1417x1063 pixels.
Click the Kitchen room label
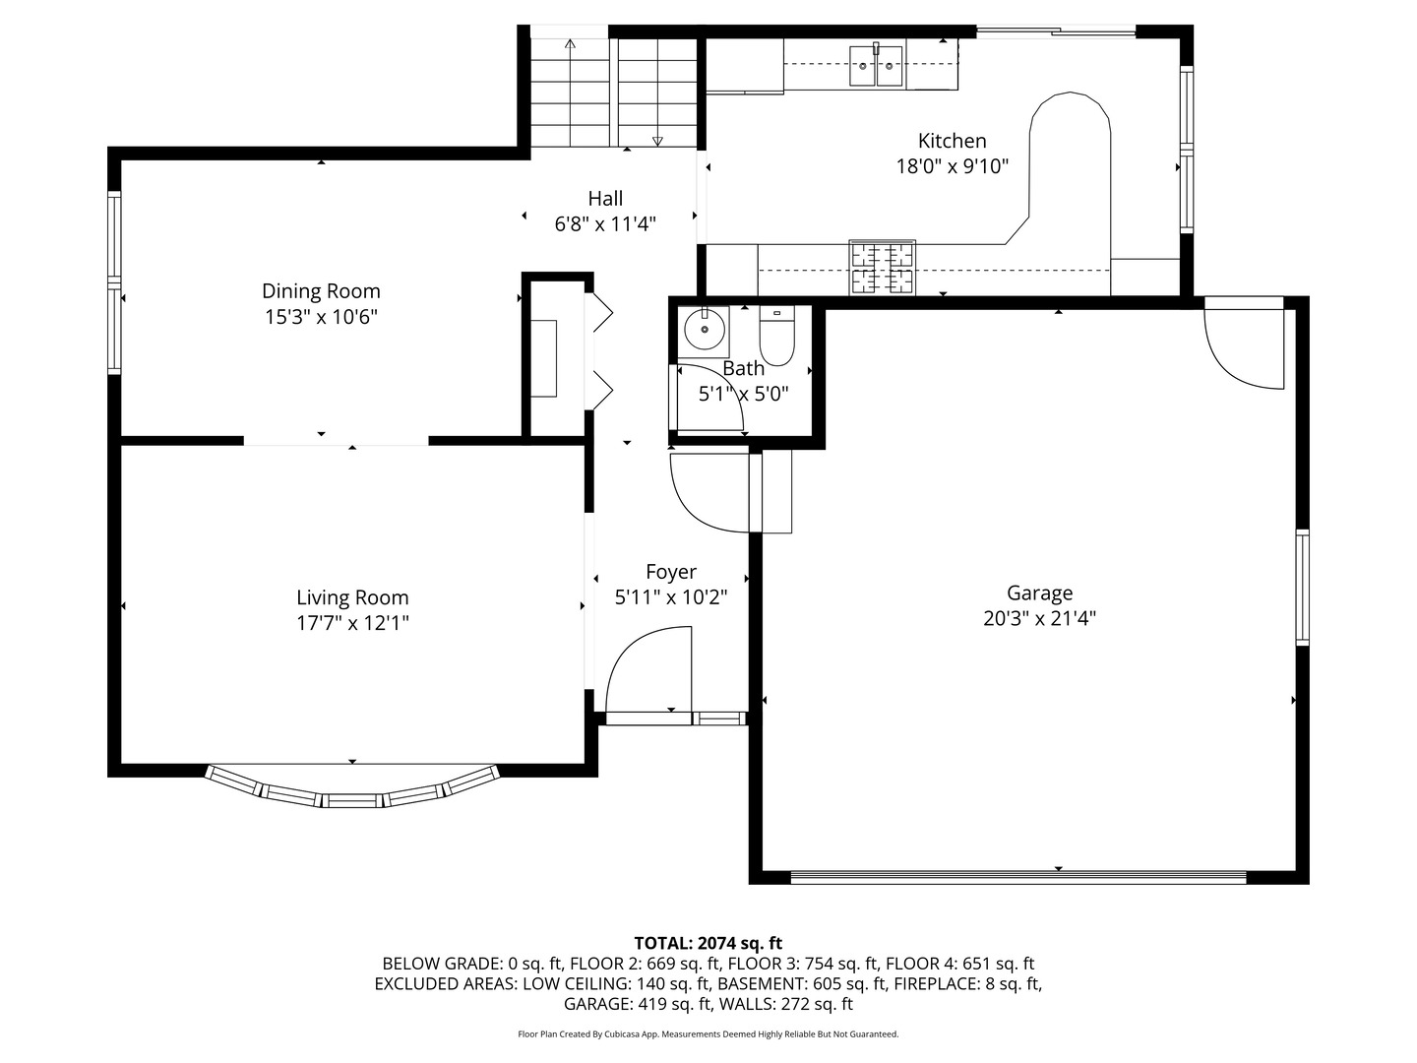pyautogui.click(x=952, y=141)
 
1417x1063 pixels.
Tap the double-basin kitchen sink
pyautogui.click(x=876, y=66)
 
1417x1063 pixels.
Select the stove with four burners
pyautogui.click(x=883, y=268)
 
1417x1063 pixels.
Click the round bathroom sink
pyautogui.click(x=705, y=330)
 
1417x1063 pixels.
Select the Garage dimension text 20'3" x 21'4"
pyautogui.click(x=1039, y=619)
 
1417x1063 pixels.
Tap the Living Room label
pyautogui.click(x=352, y=597)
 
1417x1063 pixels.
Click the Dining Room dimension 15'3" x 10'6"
pyautogui.click(x=321, y=317)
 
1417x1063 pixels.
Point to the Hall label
pyautogui.click(x=605, y=198)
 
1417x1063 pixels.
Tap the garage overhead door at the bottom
pyautogui.click(x=1018, y=875)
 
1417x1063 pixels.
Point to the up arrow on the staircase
pyautogui.click(x=570, y=44)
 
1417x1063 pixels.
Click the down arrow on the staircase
pyautogui.click(x=658, y=140)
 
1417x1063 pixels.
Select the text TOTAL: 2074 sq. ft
pyautogui.click(x=708, y=943)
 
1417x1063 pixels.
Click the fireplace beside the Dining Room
pyautogui.click(x=544, y=358)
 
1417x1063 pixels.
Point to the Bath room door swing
pyautogui.click(x=708, y=399)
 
